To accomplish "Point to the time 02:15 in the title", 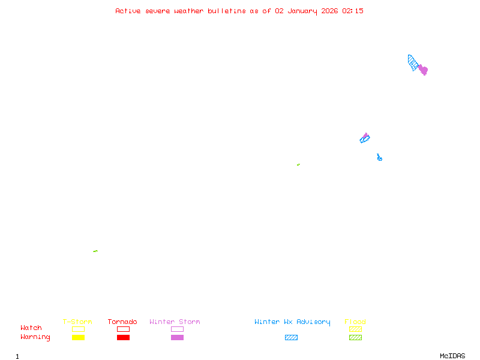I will coord(353,11).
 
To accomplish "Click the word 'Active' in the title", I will coord(128,11).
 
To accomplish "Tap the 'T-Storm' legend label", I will coord(77,322).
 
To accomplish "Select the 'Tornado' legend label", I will coord(122,322).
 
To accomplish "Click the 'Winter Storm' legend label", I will coord(175,322).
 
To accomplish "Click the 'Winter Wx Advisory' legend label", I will coord(292,322).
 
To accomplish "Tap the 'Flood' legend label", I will coord(355,322).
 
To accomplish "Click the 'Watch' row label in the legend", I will coord(31,328).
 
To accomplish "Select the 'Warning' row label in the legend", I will coord(35,337).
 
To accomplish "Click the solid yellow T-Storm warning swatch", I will coord(78,338).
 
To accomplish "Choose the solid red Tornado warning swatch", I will coord(123,338).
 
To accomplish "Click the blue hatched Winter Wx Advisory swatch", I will coord(291,338).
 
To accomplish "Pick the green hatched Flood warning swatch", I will coord(355,338).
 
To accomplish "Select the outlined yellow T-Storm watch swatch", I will coord(78,329).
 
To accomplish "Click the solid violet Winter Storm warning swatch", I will coord(177,338).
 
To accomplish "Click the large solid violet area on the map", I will coord(424,70).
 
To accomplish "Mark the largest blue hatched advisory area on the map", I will coord(413,62).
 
